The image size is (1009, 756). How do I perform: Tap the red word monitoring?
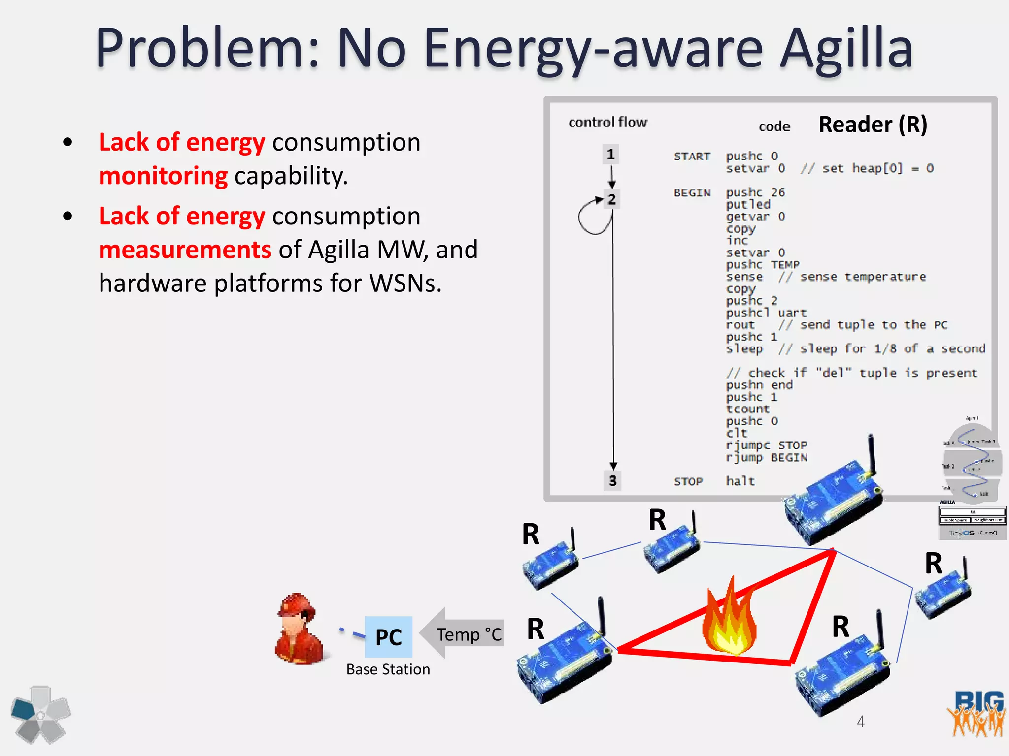[163, 176]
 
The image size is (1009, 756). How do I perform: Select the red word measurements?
[185, 250]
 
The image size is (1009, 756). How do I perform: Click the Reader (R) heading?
[873, 124]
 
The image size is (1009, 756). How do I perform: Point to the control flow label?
[607, 122]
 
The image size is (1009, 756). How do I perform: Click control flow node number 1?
[611, 155]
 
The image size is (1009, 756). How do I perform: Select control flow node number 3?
[612, 480]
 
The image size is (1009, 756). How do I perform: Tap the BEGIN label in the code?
[692, 193]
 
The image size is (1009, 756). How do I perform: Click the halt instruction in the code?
[740, 481]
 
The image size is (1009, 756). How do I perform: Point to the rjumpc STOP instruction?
[766, 445]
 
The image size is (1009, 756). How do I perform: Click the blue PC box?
[388, 637]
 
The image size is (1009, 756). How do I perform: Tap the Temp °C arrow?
[463, 634]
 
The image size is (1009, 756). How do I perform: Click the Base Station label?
[388, 669]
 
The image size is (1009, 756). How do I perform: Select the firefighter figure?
[299, 630]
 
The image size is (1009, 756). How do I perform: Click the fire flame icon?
[729, 620]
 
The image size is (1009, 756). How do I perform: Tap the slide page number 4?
[860, 722]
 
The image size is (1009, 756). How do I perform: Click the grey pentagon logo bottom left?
[41, 715]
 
